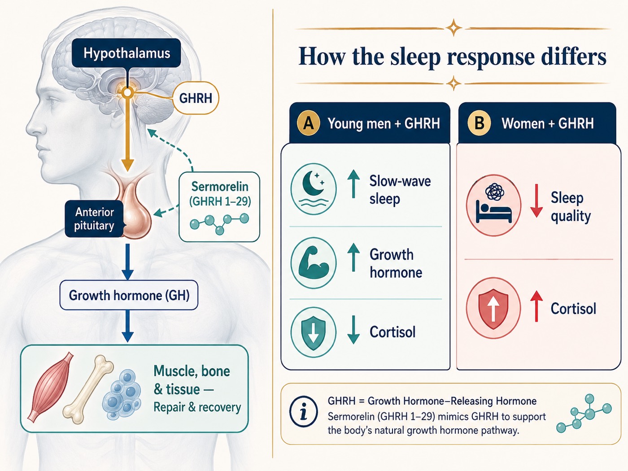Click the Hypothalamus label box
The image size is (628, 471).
[126, 53]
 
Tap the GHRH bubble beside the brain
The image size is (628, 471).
[196, 98]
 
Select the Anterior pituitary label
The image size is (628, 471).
[94, 219]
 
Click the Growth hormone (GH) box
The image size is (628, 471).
[129, 295]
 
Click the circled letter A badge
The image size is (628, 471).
[309, 123]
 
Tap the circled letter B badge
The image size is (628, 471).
[479, 123]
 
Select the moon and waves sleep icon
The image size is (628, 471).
[314, 189]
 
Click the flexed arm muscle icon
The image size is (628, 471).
[314, 263]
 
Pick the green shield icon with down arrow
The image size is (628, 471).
[314, 332]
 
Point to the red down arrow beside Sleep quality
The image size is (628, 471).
[536, 201]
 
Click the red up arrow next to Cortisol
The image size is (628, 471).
[536, 306]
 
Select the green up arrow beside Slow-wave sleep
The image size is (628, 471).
[353, 183]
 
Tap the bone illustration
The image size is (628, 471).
[87, 389]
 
